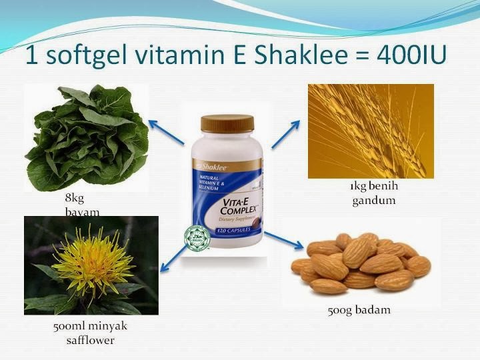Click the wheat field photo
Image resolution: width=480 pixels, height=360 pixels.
371,131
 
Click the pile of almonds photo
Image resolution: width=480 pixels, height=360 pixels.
361,263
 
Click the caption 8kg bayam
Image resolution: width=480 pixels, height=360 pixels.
75,205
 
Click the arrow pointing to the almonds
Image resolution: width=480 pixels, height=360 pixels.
279,239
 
